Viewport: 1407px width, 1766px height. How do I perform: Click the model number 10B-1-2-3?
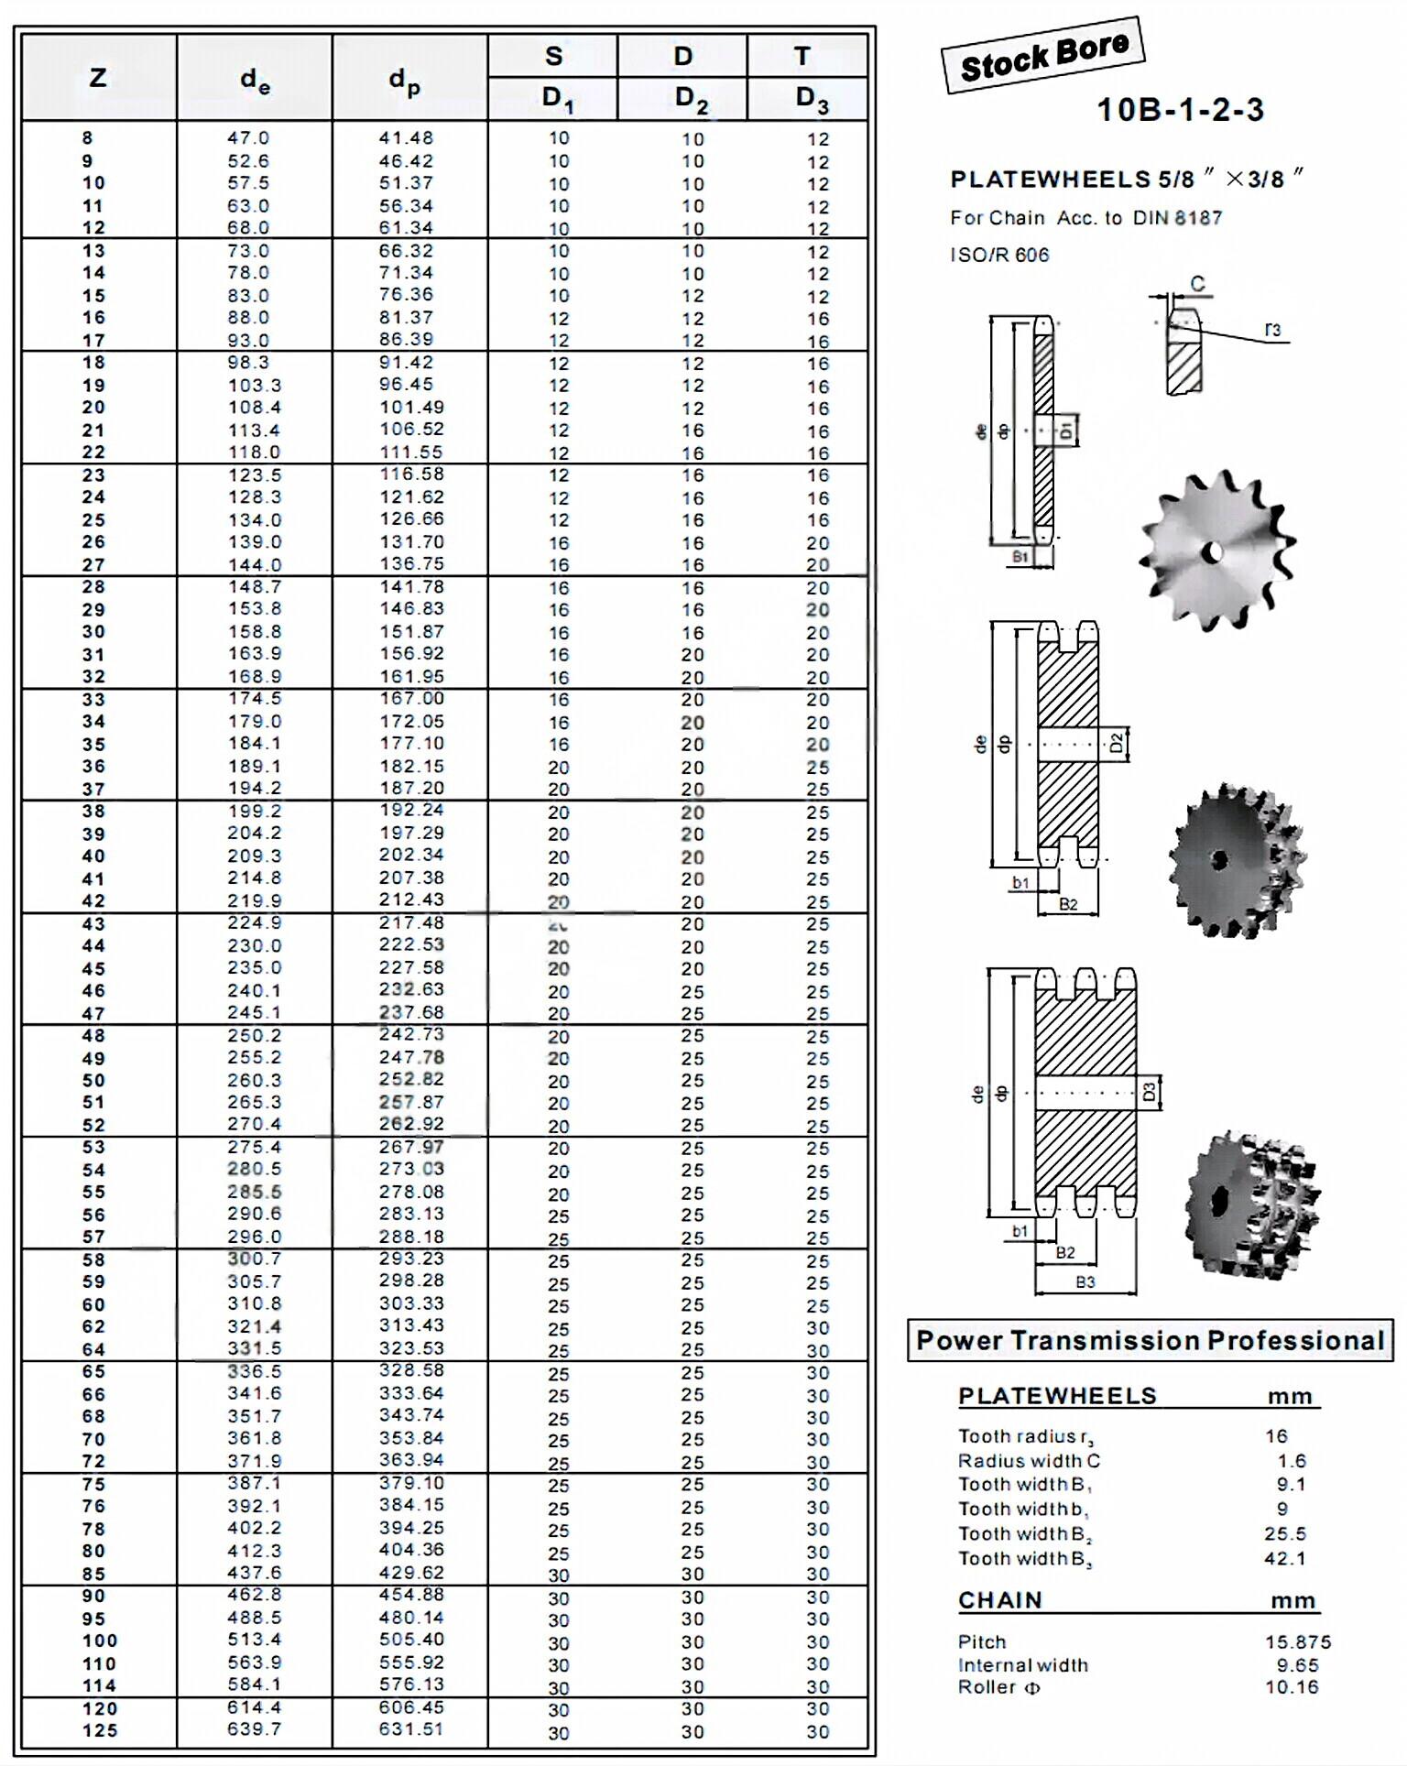pos(1180,110)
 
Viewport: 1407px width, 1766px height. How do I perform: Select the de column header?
pos(255,82)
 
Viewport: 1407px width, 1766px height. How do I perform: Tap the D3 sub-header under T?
pos(811,98)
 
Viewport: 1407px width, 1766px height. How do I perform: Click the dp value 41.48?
pos(406,138)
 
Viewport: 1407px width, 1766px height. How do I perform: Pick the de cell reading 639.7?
pos(254,1728)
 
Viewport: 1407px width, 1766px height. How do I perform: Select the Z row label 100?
pos(99,1641)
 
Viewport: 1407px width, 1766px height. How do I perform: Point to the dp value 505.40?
pos(411,1640)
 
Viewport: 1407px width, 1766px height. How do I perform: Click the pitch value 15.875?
pos(1298,1642)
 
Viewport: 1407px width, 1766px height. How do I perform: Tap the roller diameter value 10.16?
pos(1292,1687)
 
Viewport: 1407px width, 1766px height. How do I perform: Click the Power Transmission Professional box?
pos(1150,1340)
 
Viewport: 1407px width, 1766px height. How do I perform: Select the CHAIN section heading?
pos(1000,1600)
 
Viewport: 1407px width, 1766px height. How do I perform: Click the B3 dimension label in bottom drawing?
pos(1085,1282)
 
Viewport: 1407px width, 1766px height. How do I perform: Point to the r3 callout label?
pos(1272,330)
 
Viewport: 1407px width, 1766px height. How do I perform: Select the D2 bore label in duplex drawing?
pos(1116,743)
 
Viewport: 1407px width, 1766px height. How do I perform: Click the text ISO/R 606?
pos(999,256)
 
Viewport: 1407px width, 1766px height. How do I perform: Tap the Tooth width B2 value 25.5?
pos(1285,1533)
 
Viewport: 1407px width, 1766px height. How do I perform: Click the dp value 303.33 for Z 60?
pos(411,1303)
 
